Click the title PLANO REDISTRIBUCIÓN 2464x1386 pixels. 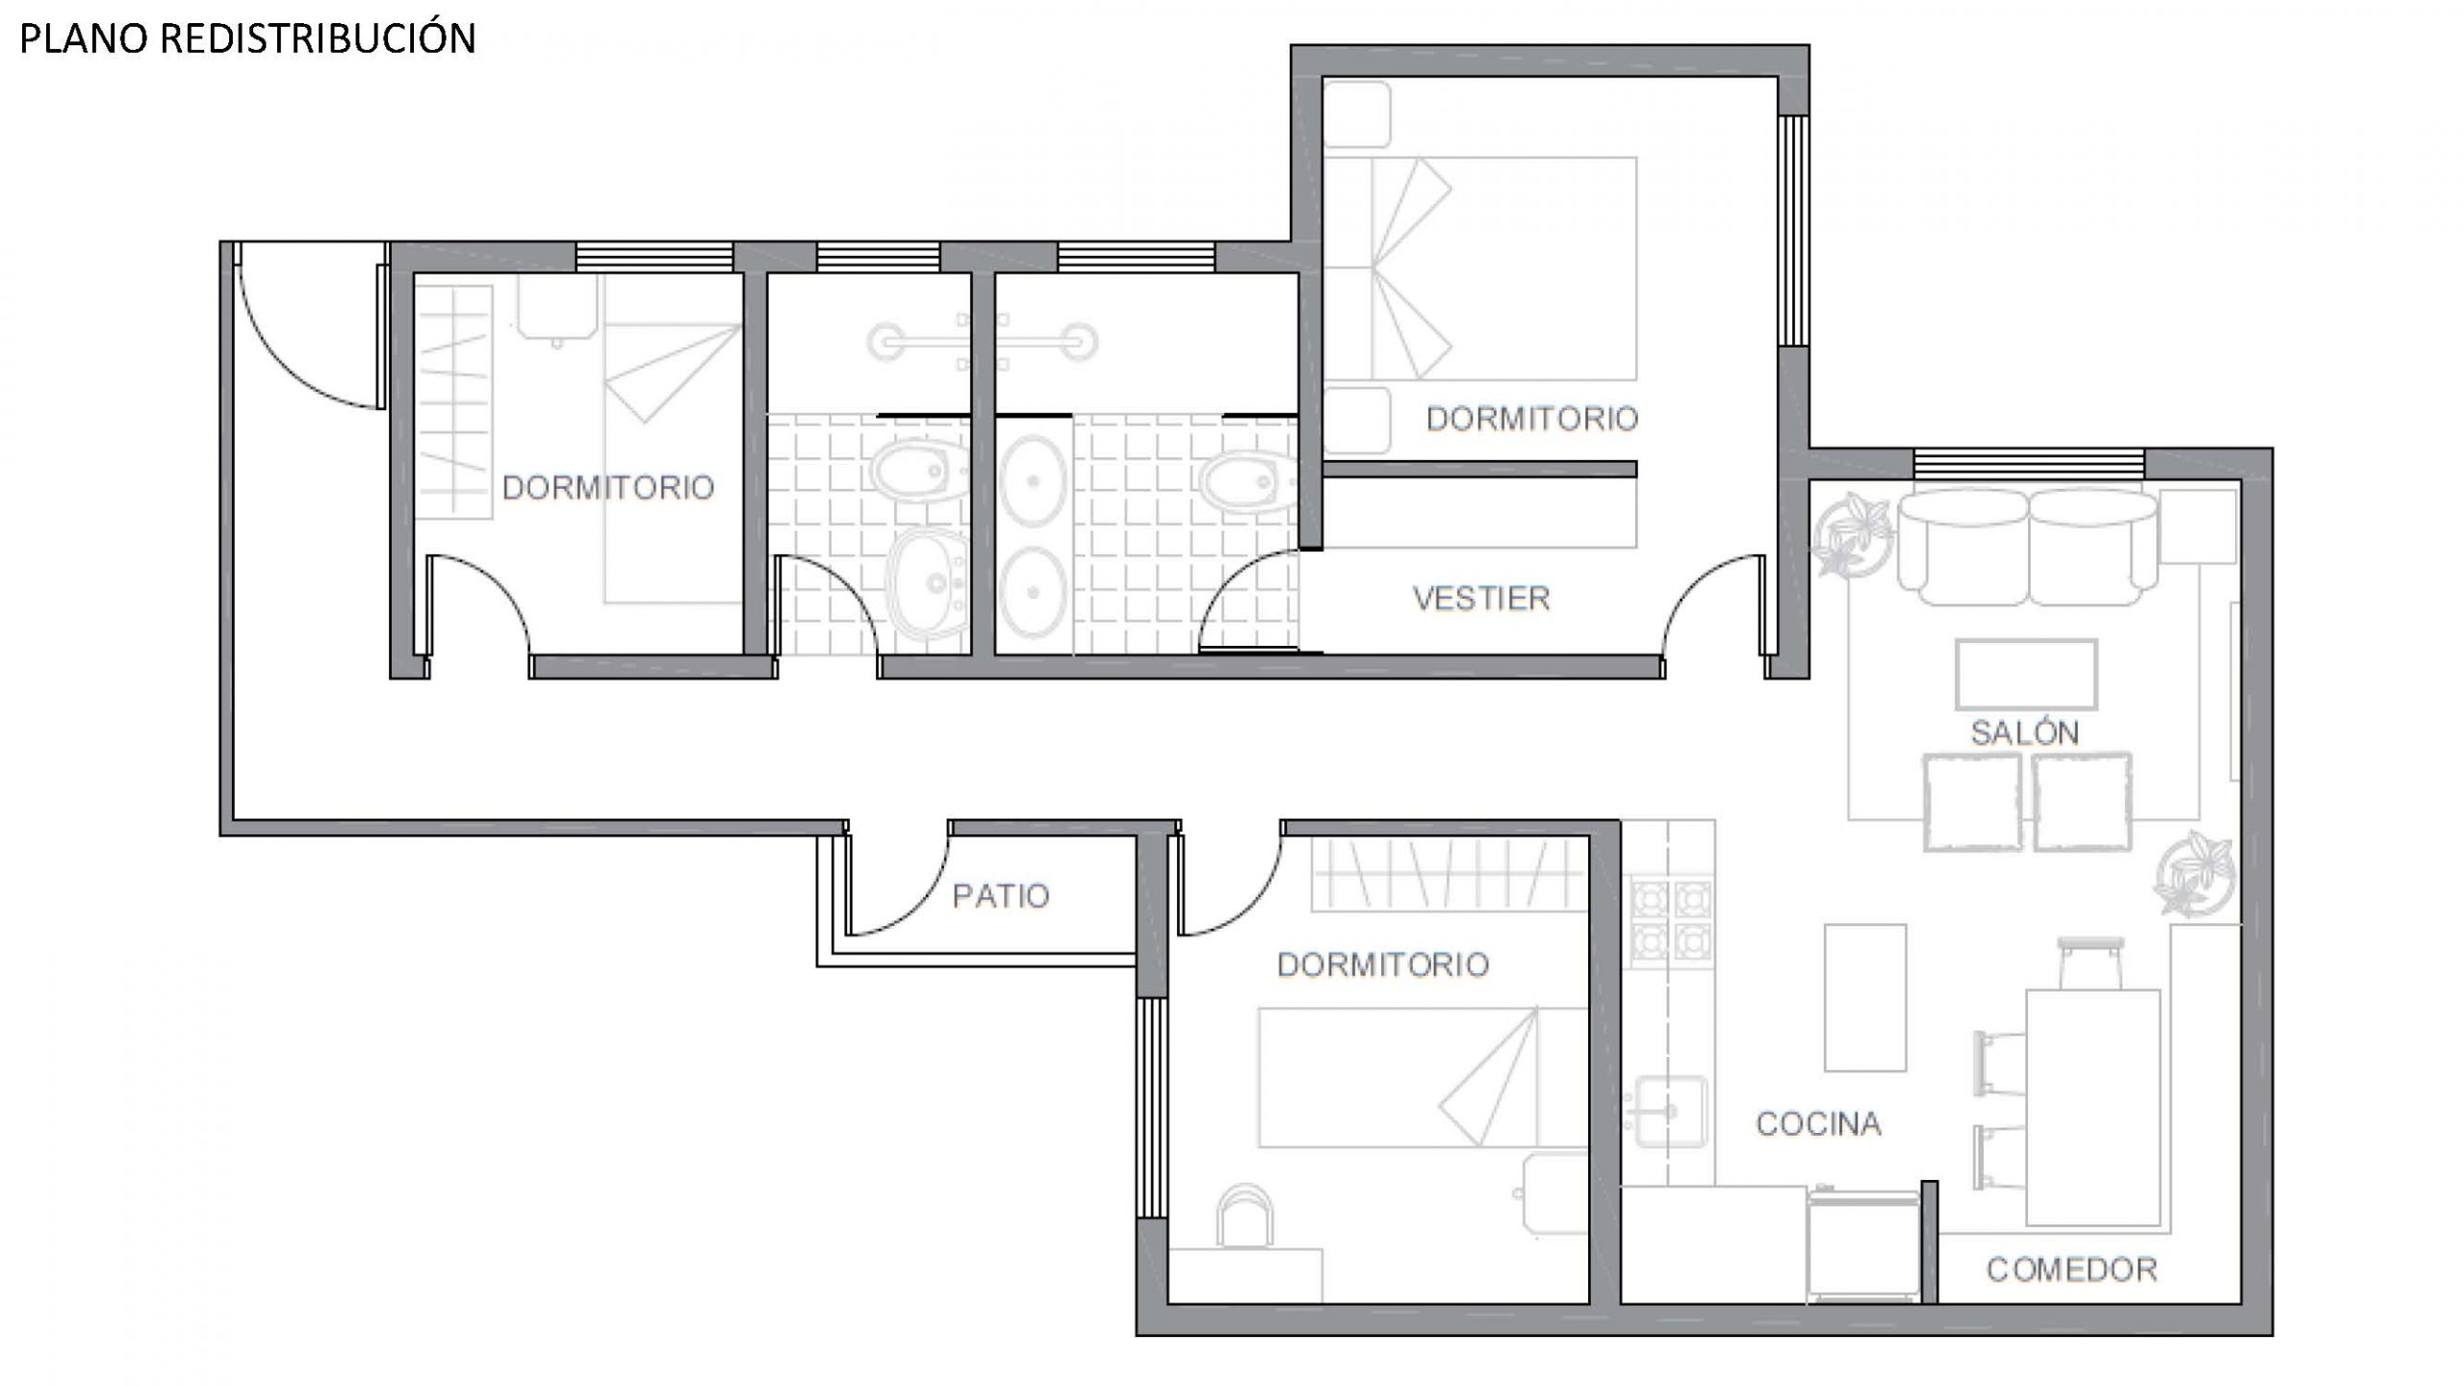[247, 38]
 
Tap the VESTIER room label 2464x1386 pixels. [1481, 599]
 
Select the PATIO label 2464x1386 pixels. [1000, 896]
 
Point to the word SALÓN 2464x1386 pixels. [2025, 732]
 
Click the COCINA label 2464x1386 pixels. [1818, 1123]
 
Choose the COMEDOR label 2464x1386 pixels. [2071, 1270]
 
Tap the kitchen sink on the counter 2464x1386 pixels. [1671, 1112]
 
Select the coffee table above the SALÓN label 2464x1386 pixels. [2026, 675]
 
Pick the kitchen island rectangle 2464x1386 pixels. [1865, 997]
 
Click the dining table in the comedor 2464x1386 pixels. [2093, 1107]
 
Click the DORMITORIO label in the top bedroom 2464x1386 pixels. [1531, 419]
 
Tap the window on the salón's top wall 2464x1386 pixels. [2029, 464]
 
